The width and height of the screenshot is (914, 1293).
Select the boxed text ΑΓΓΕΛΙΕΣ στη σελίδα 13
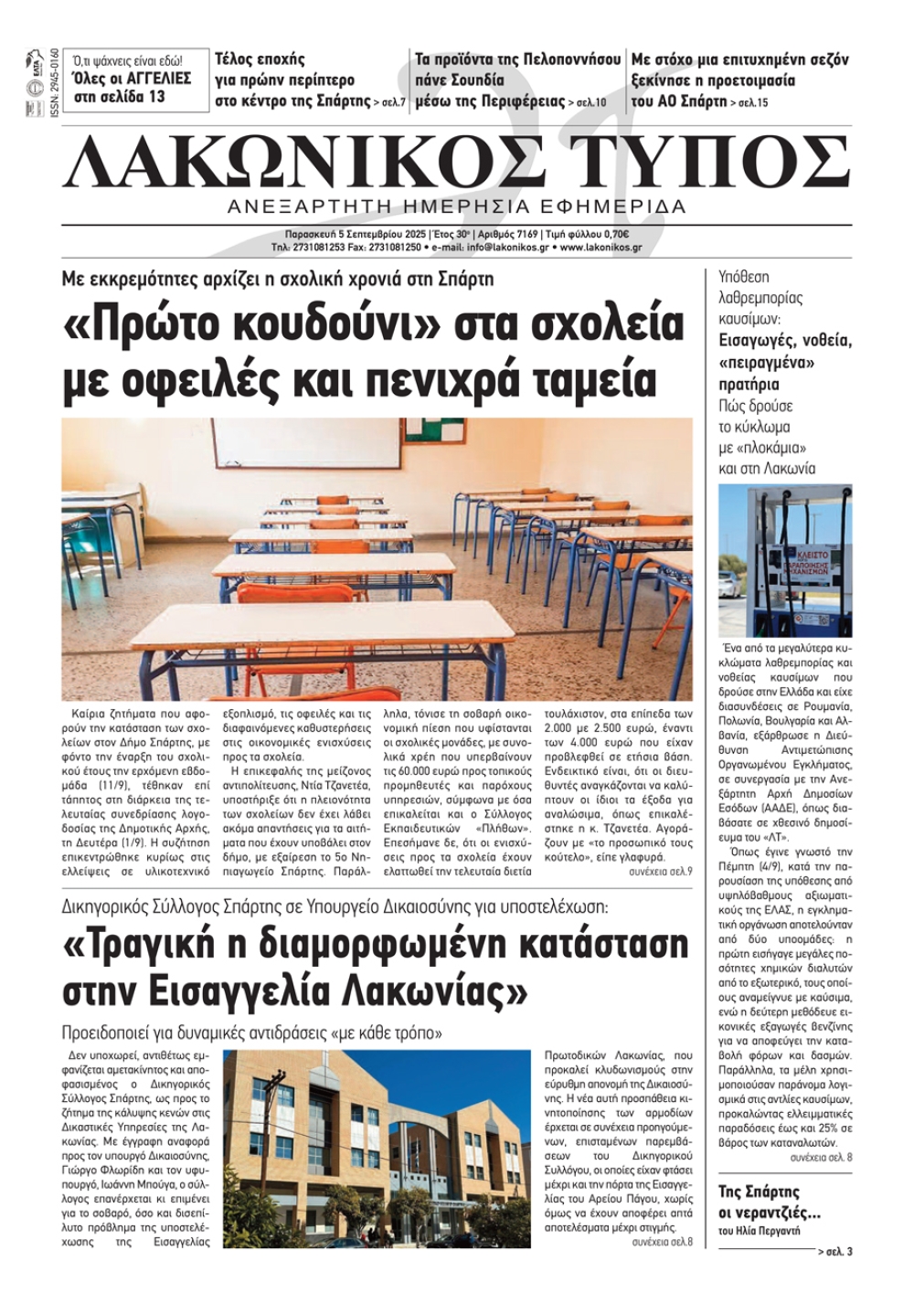133,87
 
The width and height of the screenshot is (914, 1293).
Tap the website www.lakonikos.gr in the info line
600,248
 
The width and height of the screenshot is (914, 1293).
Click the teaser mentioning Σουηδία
517,80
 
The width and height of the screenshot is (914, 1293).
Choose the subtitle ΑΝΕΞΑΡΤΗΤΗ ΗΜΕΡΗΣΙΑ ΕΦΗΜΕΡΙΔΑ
456,207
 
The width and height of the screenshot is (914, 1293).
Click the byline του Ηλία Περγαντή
759,1231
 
